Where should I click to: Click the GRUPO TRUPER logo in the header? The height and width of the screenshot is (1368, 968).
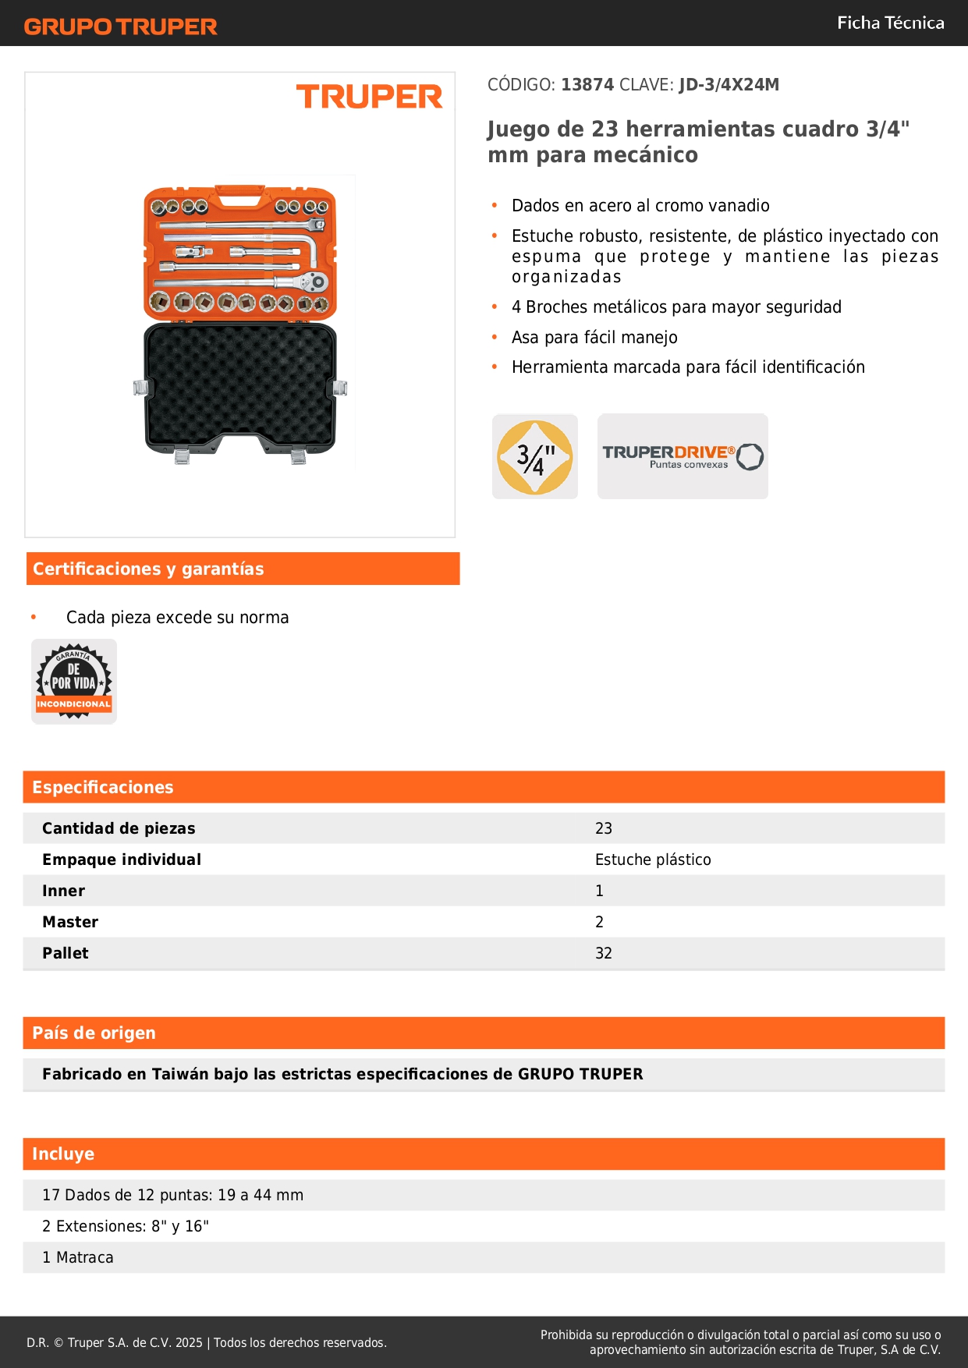(x=120, y=27)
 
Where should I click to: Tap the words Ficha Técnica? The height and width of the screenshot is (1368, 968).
(x=890, y=23)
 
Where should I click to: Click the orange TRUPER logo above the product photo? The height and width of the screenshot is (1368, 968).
(x=369, y=97)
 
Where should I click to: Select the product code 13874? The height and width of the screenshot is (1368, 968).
(x=587, y=84)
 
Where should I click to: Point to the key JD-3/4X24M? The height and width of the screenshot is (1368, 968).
(x=729, y=84)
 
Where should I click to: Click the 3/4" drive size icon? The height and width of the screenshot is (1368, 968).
(x=535, y=456)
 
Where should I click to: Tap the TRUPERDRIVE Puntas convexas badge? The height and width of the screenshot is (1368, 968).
(x=683, y=456)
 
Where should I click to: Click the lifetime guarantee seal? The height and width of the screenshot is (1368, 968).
(x=74, y=682)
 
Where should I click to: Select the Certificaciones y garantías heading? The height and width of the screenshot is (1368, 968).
(x=148, y=569)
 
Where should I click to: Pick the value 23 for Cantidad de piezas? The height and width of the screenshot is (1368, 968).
(x=603, y=828)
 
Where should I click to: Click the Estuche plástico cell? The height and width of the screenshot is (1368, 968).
(x=653, y=859)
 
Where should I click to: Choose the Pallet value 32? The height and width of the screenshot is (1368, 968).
(x=603, y=953)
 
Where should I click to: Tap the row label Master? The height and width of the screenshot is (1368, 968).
(x=70, y=922)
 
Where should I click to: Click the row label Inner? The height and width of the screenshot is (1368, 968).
(x=63, y=891)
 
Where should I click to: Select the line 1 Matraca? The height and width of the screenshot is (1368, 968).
(x=78, y=1257)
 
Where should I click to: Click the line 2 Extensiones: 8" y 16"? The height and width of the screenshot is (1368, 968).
(x=126, y=1226)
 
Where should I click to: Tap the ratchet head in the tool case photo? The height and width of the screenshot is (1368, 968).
(x=316, y=282)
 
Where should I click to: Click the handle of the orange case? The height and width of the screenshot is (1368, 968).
(x=239, y=196)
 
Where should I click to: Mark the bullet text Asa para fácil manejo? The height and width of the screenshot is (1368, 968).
(x=594, y=337)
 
